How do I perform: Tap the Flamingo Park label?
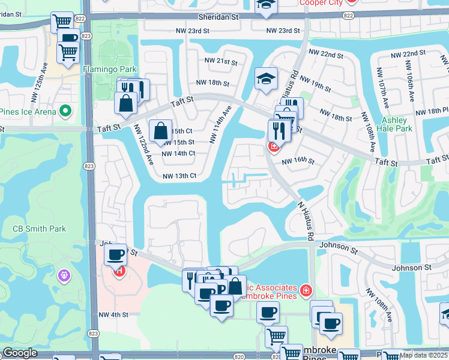106,68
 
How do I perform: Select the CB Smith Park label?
40,229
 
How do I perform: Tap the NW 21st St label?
218,62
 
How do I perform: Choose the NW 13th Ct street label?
179,176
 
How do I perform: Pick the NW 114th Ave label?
220,124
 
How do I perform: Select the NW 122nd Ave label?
143,145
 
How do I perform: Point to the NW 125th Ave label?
44,75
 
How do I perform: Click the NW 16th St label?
298,160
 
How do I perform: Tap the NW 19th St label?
315,84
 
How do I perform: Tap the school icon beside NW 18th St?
265,79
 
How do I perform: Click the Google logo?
20,353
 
